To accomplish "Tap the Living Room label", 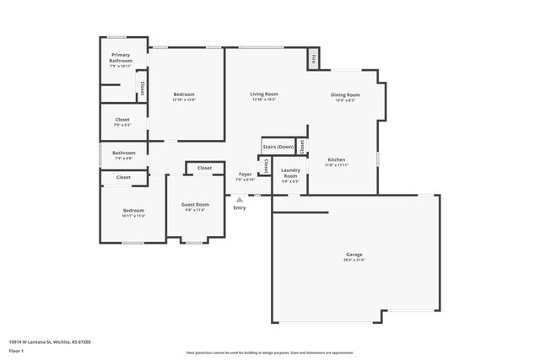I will [x=264, y=94].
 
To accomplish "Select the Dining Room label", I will [x=345, y=94].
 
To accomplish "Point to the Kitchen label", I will [x=337, y=159].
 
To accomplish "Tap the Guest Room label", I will [x=196, y=204].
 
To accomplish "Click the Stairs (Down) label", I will [x=278, y=147].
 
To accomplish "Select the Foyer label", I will [x=245, y=174].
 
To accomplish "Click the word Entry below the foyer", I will [x=240, y=207].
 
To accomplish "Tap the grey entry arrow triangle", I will [x=240, y=199].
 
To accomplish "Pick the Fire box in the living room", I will [x=312, y=59].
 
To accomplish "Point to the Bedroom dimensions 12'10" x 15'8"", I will [x=184, y=99].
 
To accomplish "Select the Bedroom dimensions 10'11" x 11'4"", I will [x=133, y=216].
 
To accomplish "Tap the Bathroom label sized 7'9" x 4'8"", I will [x=123, y=153].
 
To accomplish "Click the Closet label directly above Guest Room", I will [x=204, y=168].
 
